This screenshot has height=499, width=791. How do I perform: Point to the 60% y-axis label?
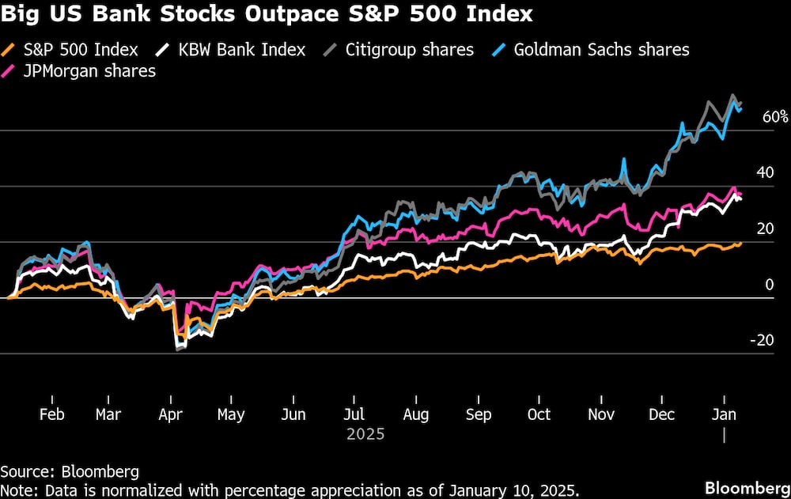click(x=775, y=117)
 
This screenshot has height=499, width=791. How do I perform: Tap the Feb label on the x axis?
click(x=51, y=414)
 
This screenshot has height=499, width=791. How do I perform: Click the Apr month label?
click(x=171, y=414)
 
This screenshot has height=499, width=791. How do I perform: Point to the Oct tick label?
click(x=539, y=414)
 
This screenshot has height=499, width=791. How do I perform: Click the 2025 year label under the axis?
click(x=365, y=434)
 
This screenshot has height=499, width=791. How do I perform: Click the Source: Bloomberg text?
click(x=70, y=472)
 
